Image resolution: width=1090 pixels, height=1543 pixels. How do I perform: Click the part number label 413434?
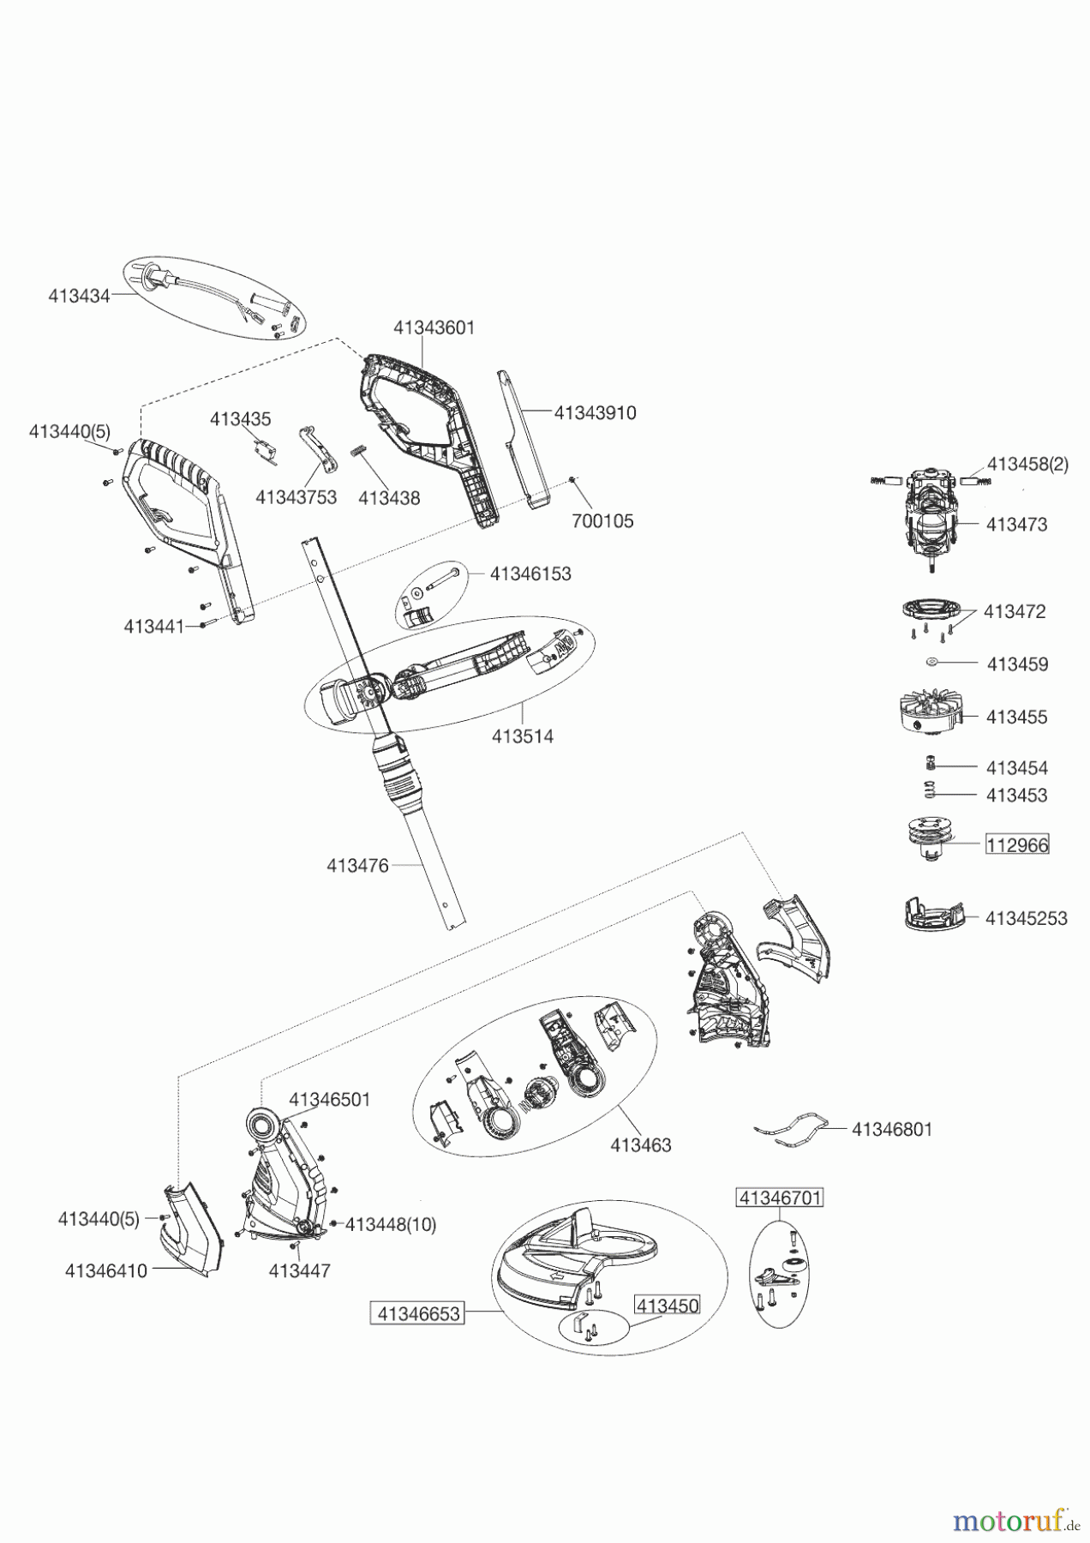click(x=79, y=297)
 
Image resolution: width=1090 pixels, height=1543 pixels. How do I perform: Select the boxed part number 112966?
click(x=1017, y=844)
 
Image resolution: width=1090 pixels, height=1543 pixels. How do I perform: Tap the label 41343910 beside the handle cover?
click(x=595, y=412)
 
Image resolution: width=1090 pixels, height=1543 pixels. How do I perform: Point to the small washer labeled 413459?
click(x=932, y=662)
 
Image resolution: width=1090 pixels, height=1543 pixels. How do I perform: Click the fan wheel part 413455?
click(x=927, y=711)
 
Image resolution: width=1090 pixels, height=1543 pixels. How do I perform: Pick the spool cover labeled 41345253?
click(x=934, y=914)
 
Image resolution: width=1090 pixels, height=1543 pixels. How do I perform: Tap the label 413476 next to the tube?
click(x=357, y=866)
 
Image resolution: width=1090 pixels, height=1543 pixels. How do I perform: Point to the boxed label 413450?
click(x=667, y=1306)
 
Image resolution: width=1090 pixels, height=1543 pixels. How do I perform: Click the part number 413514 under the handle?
click(x=523, y=736)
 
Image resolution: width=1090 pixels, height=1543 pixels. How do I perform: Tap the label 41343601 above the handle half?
click(x=434, y=327)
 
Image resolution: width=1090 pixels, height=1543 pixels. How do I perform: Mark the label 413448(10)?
click(x=391, y=1225)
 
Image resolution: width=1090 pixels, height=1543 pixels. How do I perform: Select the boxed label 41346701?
click(x=780, y=1198)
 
